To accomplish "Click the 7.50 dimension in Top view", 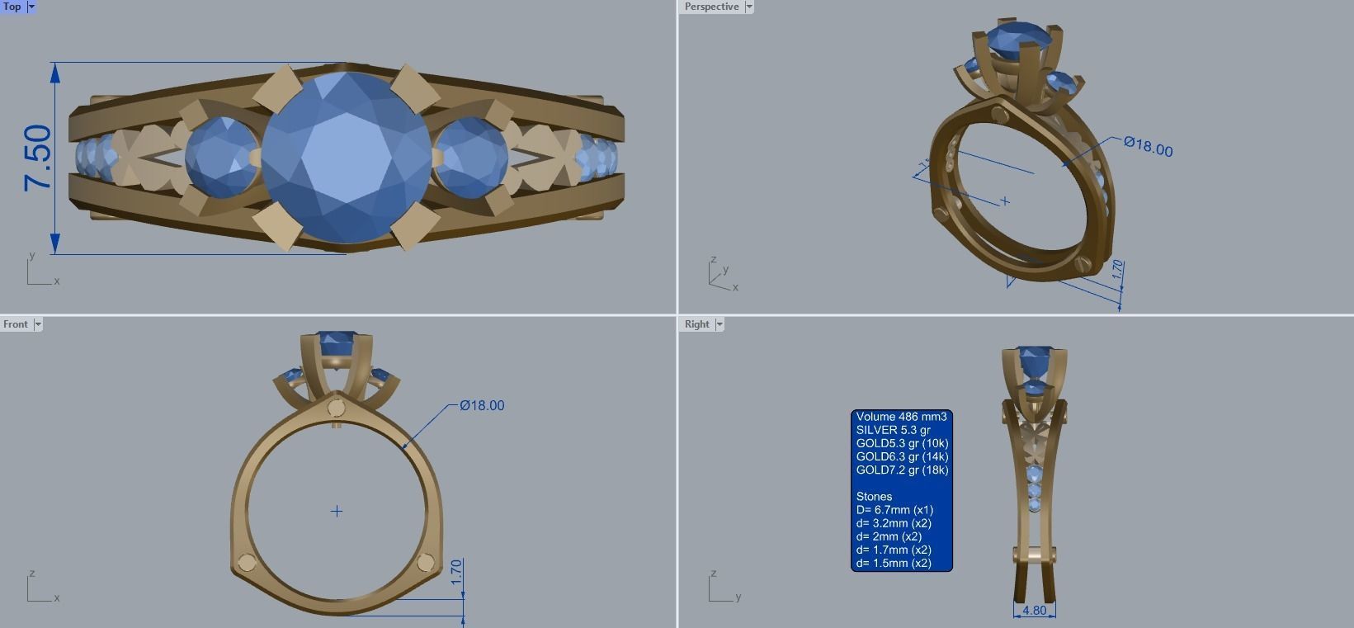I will pyautogui.click(x=38, y=158).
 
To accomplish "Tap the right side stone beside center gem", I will pyautogui.click(x=471, y=157).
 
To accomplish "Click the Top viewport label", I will pyautogui.click(x=12, y=7).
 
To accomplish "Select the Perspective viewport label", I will pyautogui.click(x=711, y=7).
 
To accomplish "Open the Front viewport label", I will pyautogui.click(x=16, y=324).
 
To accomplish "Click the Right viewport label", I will pyautogui.click(x=696, y=324).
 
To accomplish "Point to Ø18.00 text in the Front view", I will pyautogui.click(x=482, y=405).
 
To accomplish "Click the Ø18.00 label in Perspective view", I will pyautogui.click(x=1148, y=147).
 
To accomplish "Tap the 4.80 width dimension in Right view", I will pyautogui.click(x=1034, y=611).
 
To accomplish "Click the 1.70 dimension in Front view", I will pyautogui.click(x=457, y=573).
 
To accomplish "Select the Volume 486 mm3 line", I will pyautogui.click(x=901, y=417).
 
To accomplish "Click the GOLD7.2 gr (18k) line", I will pyautogui.click(x=902, y=470).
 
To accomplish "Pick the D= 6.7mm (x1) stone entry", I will pyautogui.click(x=894, y=510).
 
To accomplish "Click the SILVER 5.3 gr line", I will pyautogui.click(x=893, y=430).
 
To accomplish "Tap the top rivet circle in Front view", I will pyautogui.click(x=336, y=408).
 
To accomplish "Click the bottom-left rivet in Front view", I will pyautogui.click(x=247, y=564).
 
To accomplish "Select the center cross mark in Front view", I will pyautogui.click(x=337, y=512).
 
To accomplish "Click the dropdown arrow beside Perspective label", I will pyautogui.click(x=749, y=7).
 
